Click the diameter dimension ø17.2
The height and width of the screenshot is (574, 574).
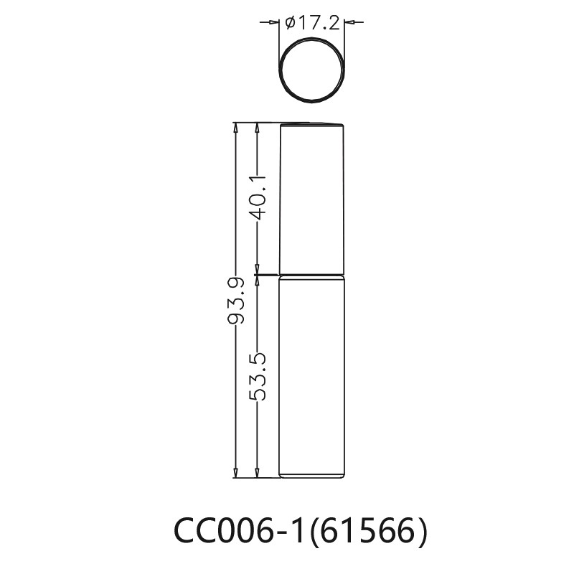(311, 22)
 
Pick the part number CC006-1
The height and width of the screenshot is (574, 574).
(238, 532)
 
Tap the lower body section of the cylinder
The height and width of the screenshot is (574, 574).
(312, 377)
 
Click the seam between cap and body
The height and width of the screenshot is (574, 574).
(312, 275)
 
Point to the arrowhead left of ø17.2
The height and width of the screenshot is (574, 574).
(274, 22)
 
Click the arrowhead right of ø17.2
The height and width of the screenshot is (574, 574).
(349, 22)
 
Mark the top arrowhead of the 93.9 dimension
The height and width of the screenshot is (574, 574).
(236, 127)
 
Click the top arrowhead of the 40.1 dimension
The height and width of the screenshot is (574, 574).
(258, 127)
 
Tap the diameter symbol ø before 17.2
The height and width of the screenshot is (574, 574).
(290, 23)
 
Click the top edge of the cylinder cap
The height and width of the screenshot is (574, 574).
(312, 123)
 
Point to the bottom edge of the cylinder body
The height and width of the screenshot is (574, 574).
(312, 477)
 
